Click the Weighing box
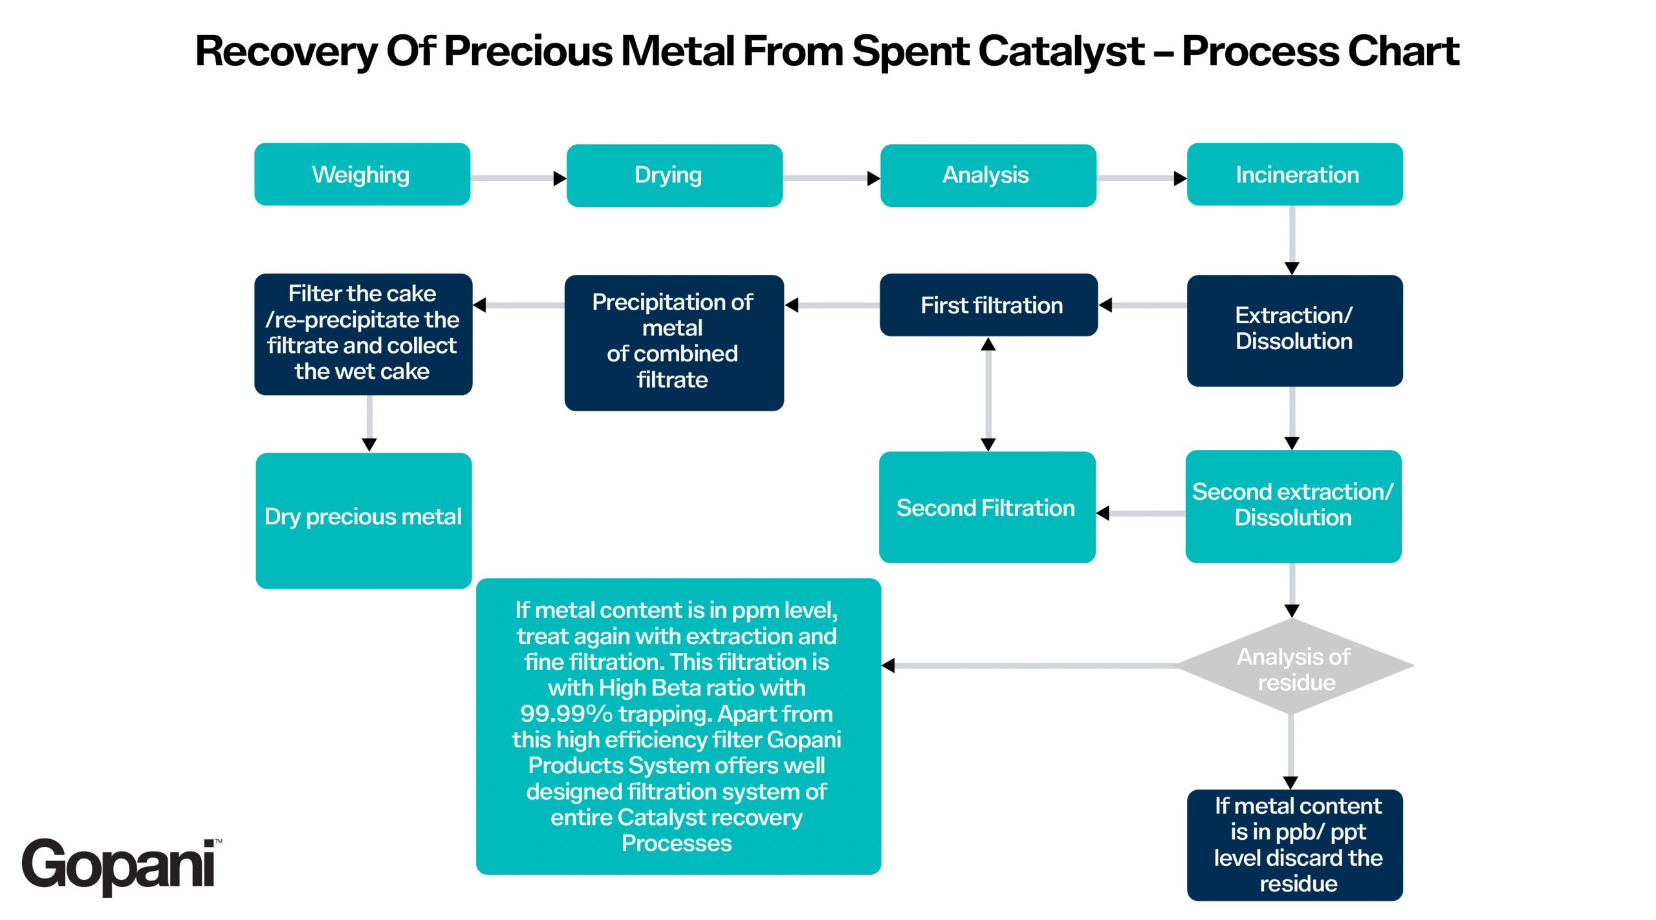[362, 175]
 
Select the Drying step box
[674, 175]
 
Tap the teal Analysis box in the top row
[987, 175]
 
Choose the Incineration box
[1294, 175]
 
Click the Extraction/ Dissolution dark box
[1294, 330]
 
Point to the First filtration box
[988, 305]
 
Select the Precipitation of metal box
[673, 342]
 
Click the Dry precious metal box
[363, 520]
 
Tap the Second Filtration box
[986, 507]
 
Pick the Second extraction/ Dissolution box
[1293, 506]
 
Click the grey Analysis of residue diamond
[1293, 667]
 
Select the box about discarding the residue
[1294, 844]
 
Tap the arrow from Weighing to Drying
[517, 178]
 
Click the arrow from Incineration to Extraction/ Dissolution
[1292, 239]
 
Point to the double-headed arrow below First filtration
[988, 394]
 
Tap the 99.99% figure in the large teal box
[565, 714]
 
